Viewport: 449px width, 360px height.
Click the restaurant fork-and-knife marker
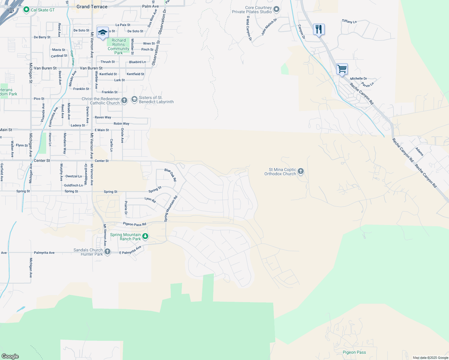click(x=319, y=29)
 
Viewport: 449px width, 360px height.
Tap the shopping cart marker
click(x=342, y=69)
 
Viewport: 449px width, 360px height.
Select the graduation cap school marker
click(x=103, y=32)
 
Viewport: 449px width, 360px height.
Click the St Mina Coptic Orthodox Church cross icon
click(x=301, y=171)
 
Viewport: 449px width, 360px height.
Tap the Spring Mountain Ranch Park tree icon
click(x=145, y=236)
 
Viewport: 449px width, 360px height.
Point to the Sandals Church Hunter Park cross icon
click(x=107, y=251)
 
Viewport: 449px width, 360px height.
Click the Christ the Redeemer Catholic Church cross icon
click(x=124, y=100)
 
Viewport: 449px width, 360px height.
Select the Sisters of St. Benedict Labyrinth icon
click(x=134, y=99)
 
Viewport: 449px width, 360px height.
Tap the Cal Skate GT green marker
click(x=26, y=10)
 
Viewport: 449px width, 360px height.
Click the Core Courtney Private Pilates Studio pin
click(x=276, y=9)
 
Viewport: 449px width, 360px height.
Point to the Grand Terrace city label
click(x=92, y=7)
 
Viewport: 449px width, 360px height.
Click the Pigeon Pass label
click(x=354, y=352)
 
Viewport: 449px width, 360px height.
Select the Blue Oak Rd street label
click(x=170, y=175)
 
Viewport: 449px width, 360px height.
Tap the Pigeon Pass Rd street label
click(x=134, y=224)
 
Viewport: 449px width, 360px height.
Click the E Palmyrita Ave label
click(x=130, y=250)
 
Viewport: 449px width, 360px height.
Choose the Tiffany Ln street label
click(x=349, y=21)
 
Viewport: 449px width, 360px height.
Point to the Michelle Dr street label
click(x=358, y=79)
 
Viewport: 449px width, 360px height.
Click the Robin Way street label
click(x=122, y=124)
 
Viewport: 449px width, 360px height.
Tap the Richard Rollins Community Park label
click(x=119, y=46)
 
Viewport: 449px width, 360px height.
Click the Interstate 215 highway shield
click(x=11, y=11)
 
